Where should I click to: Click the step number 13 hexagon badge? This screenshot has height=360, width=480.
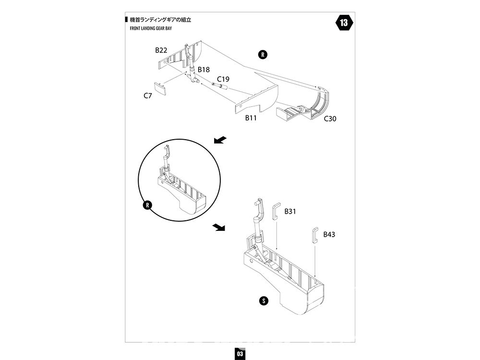point(344,23)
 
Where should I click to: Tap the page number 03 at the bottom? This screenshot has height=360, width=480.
point(240,353)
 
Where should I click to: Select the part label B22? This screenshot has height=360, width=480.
point(161,50)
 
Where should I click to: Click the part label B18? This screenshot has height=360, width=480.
point(204,70)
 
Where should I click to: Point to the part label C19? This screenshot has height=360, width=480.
point(223,79)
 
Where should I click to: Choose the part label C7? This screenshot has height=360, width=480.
point(148,96)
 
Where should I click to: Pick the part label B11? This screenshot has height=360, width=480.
point(251,118)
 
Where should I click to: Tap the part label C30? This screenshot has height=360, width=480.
point(330,119)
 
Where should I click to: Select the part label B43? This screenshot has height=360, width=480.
point(329,234)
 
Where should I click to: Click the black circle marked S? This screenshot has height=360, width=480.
point(263,301)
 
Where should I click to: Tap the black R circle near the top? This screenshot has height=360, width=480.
point(263,54)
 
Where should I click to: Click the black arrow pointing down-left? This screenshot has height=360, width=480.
point(220,140)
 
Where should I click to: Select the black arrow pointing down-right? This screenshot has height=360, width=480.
point(219,227)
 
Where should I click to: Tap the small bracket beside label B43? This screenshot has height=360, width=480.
point(315,235)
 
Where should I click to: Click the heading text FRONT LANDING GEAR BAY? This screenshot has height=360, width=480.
point(151,29)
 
